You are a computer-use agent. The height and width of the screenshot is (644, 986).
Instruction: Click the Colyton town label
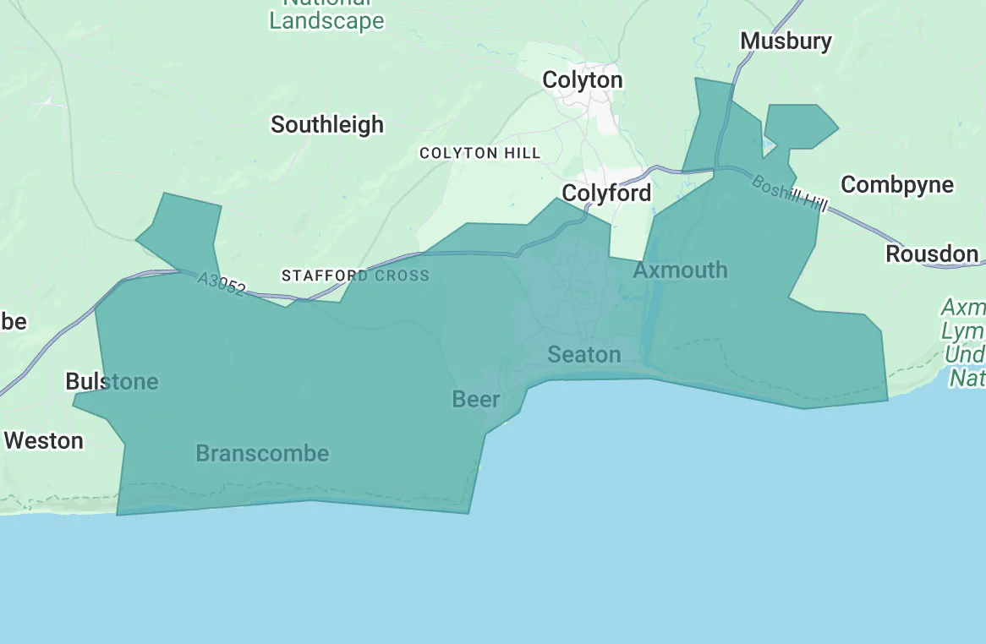pos(582,80)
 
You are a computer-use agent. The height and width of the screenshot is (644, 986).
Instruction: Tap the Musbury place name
pos(786,41)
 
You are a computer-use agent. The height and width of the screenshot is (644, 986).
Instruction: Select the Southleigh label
pos(327,125)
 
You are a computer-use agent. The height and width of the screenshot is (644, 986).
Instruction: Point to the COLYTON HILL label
pos(479,153)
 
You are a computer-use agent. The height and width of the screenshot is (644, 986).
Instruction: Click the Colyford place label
pos(606,194)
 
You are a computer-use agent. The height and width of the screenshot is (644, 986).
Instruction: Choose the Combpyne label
pos(897,185)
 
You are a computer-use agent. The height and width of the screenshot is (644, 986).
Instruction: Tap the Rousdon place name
pos(932,254)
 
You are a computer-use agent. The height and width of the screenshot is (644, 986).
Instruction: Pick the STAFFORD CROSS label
pos(355,276)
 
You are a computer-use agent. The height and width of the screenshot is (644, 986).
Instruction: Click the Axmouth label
pos(680,270)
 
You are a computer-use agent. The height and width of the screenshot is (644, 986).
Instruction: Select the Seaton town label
pos(584,354)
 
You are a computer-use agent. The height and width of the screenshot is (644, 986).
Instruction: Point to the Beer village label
pos(476,399)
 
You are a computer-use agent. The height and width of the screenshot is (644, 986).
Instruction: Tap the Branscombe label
pos(262,454)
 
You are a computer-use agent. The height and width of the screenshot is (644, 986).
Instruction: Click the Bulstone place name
pos(112,382)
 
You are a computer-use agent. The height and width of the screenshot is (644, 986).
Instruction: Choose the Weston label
pos(44,440)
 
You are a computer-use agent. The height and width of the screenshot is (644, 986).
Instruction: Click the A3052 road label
pos(222,284)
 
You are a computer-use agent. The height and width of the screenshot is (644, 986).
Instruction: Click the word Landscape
pos(326,21)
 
